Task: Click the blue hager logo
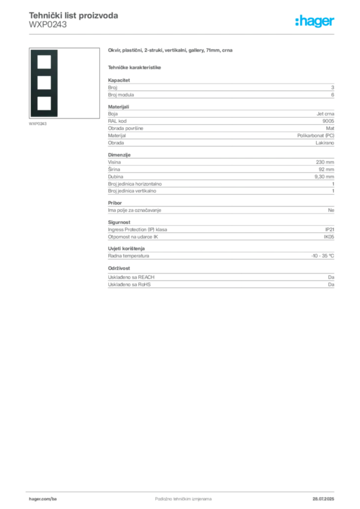pyautogui.click(x=316, y=22)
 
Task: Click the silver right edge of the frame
pyautogui.click(x=58, y=85)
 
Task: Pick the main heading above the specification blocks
pyautogui.click(x=171, y=50)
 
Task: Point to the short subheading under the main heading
pyautogui.click(x=135, y=67)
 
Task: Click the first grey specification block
pyautogui.click(x=220, y=89)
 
